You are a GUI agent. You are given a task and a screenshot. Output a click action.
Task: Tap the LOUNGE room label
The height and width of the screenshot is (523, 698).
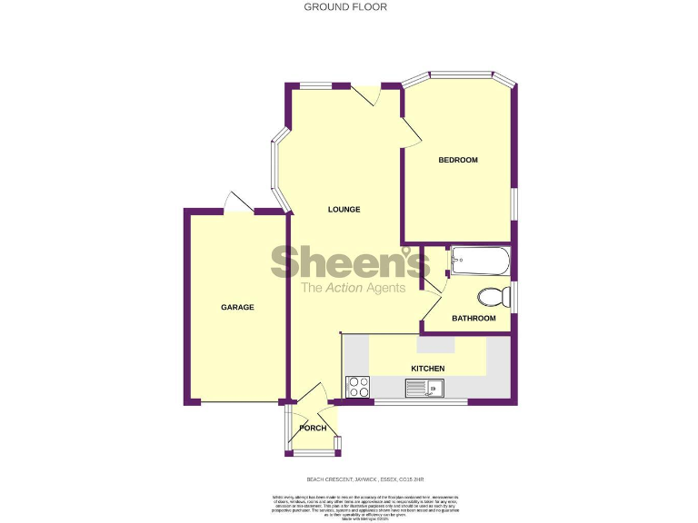click(344, 210)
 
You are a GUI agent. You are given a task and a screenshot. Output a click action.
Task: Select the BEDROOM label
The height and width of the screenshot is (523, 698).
click(458, 161)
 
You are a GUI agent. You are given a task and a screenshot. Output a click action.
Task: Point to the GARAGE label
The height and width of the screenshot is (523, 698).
click(237, 308)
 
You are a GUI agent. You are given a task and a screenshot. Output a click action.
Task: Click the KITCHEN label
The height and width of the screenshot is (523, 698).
click(428, 369)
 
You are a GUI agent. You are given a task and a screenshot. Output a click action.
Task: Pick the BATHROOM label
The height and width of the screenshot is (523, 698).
click(474, 319)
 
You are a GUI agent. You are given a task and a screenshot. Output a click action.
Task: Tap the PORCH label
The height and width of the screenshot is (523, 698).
click(313, 428)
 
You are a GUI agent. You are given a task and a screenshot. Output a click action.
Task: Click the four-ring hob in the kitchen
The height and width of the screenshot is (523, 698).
click(358, 388)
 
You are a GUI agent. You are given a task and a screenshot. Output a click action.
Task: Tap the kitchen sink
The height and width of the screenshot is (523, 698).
click(424, 390)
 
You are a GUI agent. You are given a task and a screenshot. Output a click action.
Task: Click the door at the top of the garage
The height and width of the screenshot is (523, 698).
click(236, 202)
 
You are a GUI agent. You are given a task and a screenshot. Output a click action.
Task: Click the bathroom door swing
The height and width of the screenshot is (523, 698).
click(432, 286)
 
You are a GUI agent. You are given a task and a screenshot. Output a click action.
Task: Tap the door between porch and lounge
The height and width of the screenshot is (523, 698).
click(312, 396)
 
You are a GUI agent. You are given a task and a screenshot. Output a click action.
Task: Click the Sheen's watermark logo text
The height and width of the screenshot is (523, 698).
click(350, 263)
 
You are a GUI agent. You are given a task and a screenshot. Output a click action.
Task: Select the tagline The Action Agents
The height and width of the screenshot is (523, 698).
click(354, 289)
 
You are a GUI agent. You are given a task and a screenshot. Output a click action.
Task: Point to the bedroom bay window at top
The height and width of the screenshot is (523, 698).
click(459, 74)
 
